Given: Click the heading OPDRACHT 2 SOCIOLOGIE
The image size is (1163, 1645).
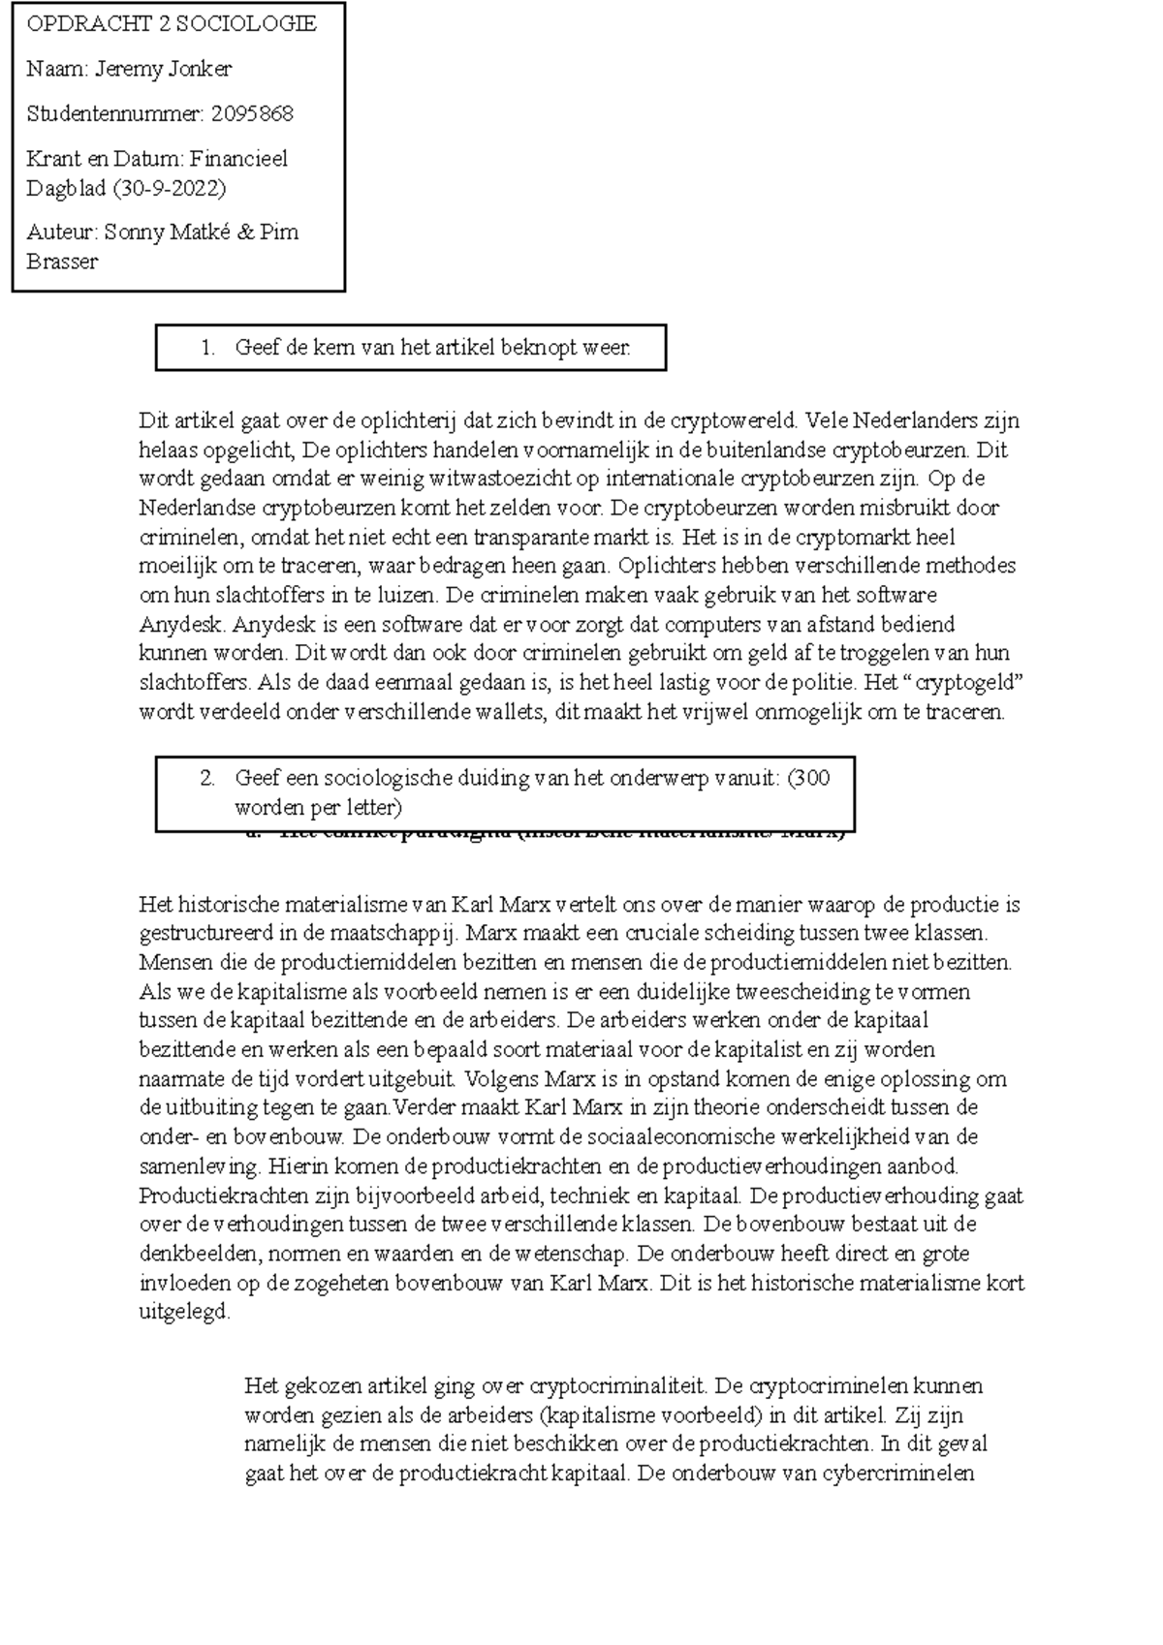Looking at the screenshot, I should (x=172, y=24).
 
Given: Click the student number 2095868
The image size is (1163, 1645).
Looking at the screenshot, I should (x=252, y=113).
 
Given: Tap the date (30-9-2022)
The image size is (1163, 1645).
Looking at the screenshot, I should (x=169, y=188).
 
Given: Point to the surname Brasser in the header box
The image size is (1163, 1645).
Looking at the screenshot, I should (x=63, y=262).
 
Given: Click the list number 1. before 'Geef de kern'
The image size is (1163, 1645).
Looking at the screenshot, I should (x=207, y=348).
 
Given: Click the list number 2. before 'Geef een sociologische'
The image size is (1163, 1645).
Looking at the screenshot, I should (x=207, y=778).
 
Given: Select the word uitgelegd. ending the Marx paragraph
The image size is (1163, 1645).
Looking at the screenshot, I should (x=185, y=1313).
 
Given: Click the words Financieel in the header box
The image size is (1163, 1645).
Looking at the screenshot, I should (x=238, y=159).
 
